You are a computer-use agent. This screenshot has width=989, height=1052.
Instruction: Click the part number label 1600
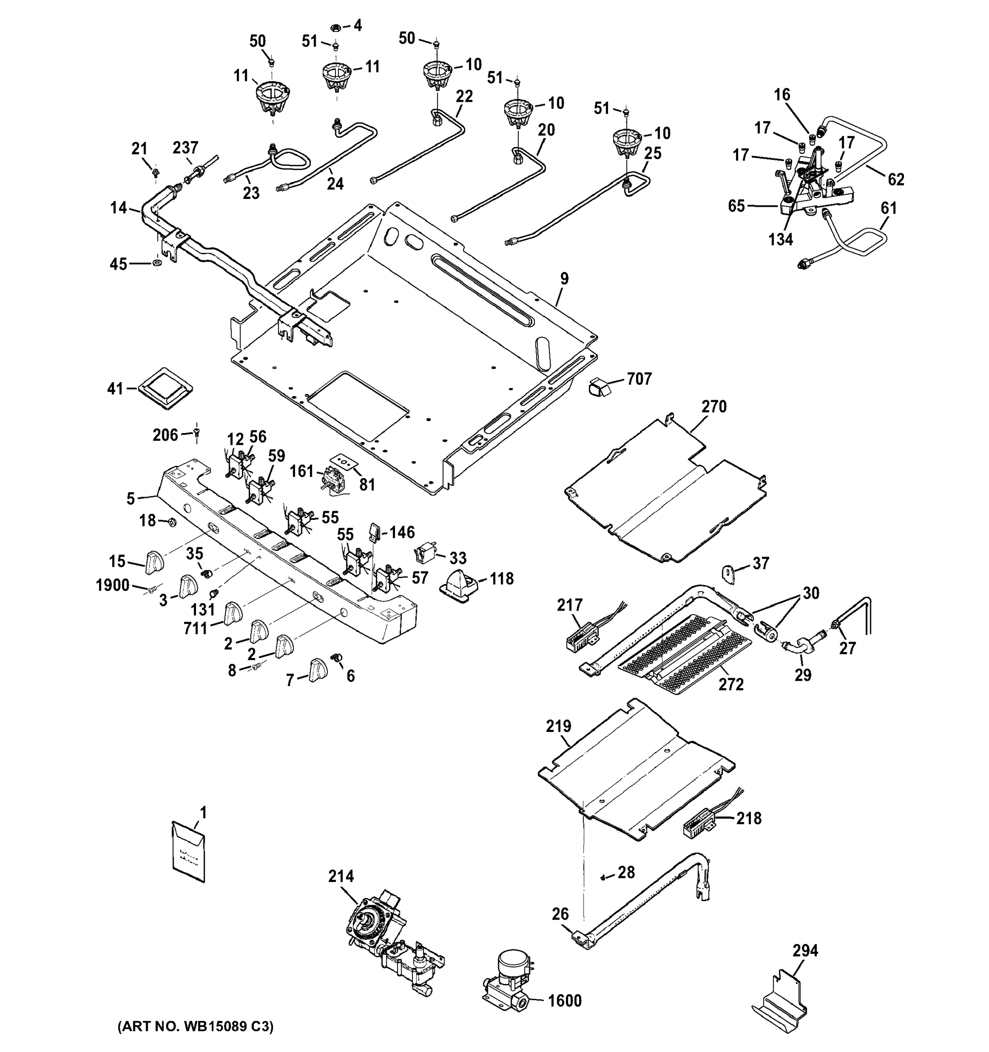coord(564,1001)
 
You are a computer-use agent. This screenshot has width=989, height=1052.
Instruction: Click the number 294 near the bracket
coord(805,950)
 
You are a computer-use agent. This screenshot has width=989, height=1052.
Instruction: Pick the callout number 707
coord(639,379)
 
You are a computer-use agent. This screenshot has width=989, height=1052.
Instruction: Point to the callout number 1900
coord(112,585)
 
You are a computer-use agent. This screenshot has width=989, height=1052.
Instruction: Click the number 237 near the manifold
coord(185,148)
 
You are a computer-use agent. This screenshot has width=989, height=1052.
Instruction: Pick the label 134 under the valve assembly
coord(780,240)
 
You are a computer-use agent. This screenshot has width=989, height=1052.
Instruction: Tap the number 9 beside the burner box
coord(564,278)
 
